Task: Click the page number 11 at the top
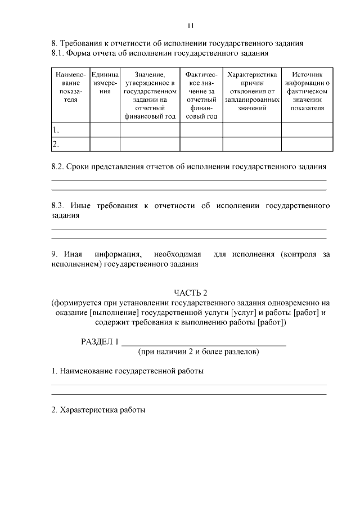190,25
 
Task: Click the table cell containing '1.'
70,130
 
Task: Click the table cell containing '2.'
70,144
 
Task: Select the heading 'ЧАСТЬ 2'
191,292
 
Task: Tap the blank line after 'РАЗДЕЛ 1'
204,343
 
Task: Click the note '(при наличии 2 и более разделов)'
199,352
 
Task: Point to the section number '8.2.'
58,167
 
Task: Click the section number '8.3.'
58,206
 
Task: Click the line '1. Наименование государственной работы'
128,371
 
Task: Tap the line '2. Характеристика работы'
98,410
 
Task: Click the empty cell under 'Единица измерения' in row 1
105,130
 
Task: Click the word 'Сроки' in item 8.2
79,167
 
